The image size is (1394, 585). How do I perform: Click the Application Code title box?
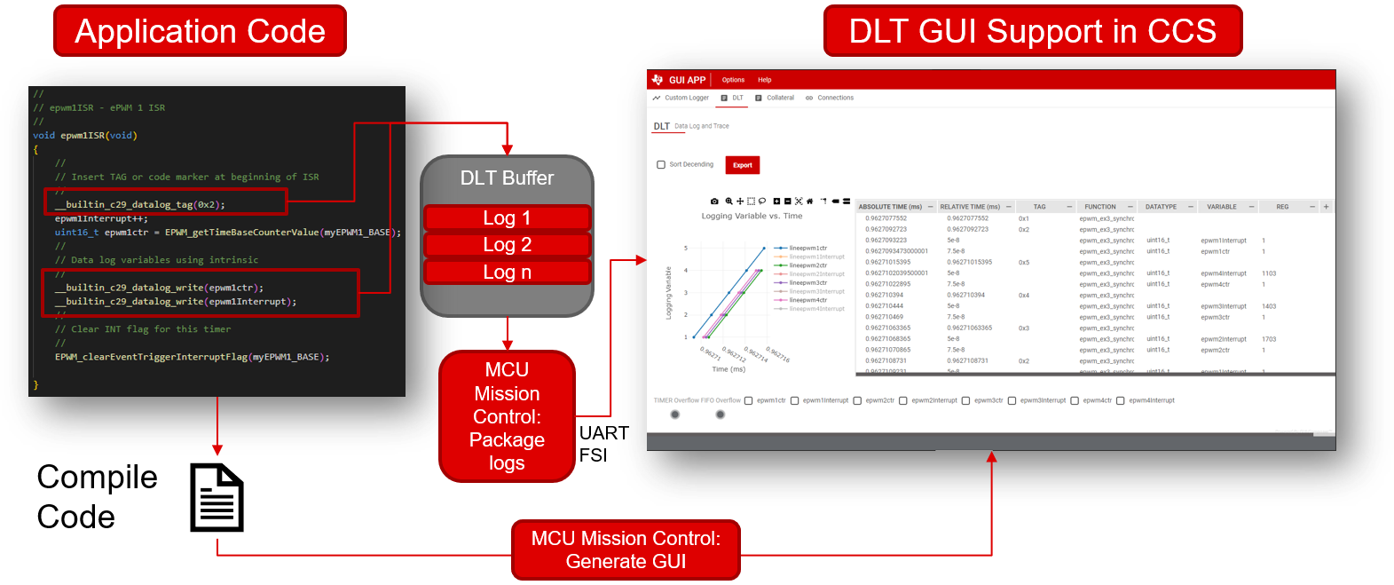[x=200, y=31]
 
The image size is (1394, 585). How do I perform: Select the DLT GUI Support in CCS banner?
[x=1032, y=31]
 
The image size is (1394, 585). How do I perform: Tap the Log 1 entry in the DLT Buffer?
[x=507, y=217]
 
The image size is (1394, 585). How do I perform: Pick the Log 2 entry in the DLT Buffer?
[x=507, y=244]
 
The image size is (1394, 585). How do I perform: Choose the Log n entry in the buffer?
[x=507, y=272]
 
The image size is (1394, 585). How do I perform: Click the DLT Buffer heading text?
[x=507, y=178]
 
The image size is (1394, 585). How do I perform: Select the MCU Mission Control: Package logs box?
[x=507, y=416]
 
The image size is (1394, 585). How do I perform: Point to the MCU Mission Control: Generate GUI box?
[x=626, y=549]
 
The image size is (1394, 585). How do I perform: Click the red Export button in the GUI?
[x=743, y=165]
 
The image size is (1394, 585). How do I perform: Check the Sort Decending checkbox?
[x=661, y=165]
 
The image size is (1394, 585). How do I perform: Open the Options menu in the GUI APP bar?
[x=733, y=80]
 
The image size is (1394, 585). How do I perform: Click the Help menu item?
[x=764, y=80]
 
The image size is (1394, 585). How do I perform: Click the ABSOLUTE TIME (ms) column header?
[x=890, y=207]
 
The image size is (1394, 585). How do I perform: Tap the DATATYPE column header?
[x=1161, y=207]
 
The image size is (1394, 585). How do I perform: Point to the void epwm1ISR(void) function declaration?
[x=85, y=136]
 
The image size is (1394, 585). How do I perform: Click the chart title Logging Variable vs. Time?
[x=752, y=216]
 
